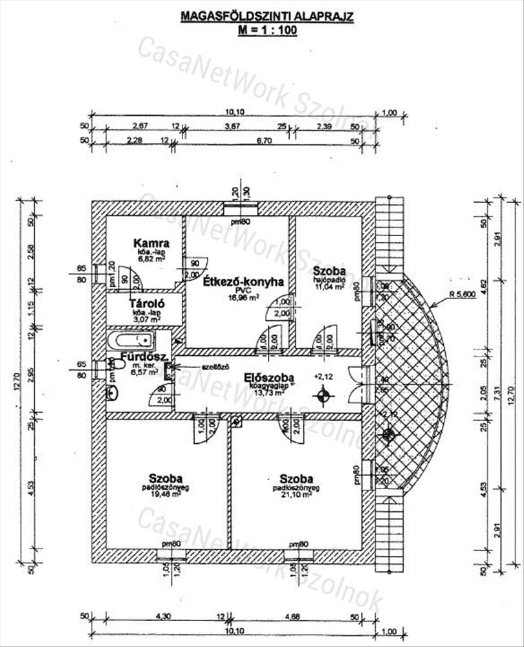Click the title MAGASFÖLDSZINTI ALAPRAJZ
267,16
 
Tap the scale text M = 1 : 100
267,29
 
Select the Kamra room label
151,243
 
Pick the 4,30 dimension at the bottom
158,616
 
